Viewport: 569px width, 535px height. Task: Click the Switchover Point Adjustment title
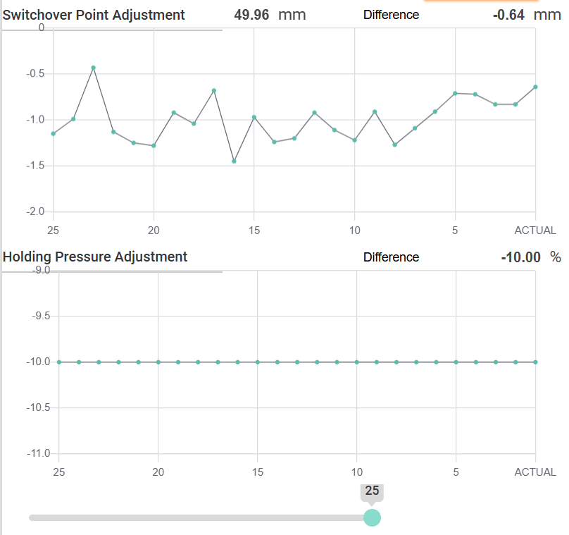coord(94,15)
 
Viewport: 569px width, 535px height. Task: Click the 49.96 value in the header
coord(251,15)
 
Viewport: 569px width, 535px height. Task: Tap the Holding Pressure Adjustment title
coord(95,257)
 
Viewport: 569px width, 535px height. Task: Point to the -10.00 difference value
coord(520,257)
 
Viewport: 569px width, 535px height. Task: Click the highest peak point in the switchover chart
coord(93,68)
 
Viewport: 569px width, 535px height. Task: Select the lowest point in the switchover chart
coord(234,161)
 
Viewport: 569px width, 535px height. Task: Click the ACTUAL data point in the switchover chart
coord(535,87)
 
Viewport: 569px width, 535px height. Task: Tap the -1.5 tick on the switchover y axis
coord(35,166)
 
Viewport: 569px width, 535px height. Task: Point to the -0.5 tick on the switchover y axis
coord(35,74)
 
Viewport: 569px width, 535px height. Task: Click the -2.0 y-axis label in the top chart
coord(35,211)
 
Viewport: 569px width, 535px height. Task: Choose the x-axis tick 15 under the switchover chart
coord(254,230)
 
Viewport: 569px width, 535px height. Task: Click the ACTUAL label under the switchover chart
coord(535,230)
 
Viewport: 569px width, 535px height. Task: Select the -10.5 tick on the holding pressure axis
coord(39,407)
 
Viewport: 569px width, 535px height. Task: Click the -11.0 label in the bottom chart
coord(39,453)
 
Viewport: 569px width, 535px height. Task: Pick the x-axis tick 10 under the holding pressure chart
coord(357,472)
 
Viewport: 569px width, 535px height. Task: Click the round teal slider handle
coord(372,518)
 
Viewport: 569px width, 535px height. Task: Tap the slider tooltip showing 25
coord(372,491)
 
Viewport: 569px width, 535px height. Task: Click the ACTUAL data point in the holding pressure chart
coord(535,362)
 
